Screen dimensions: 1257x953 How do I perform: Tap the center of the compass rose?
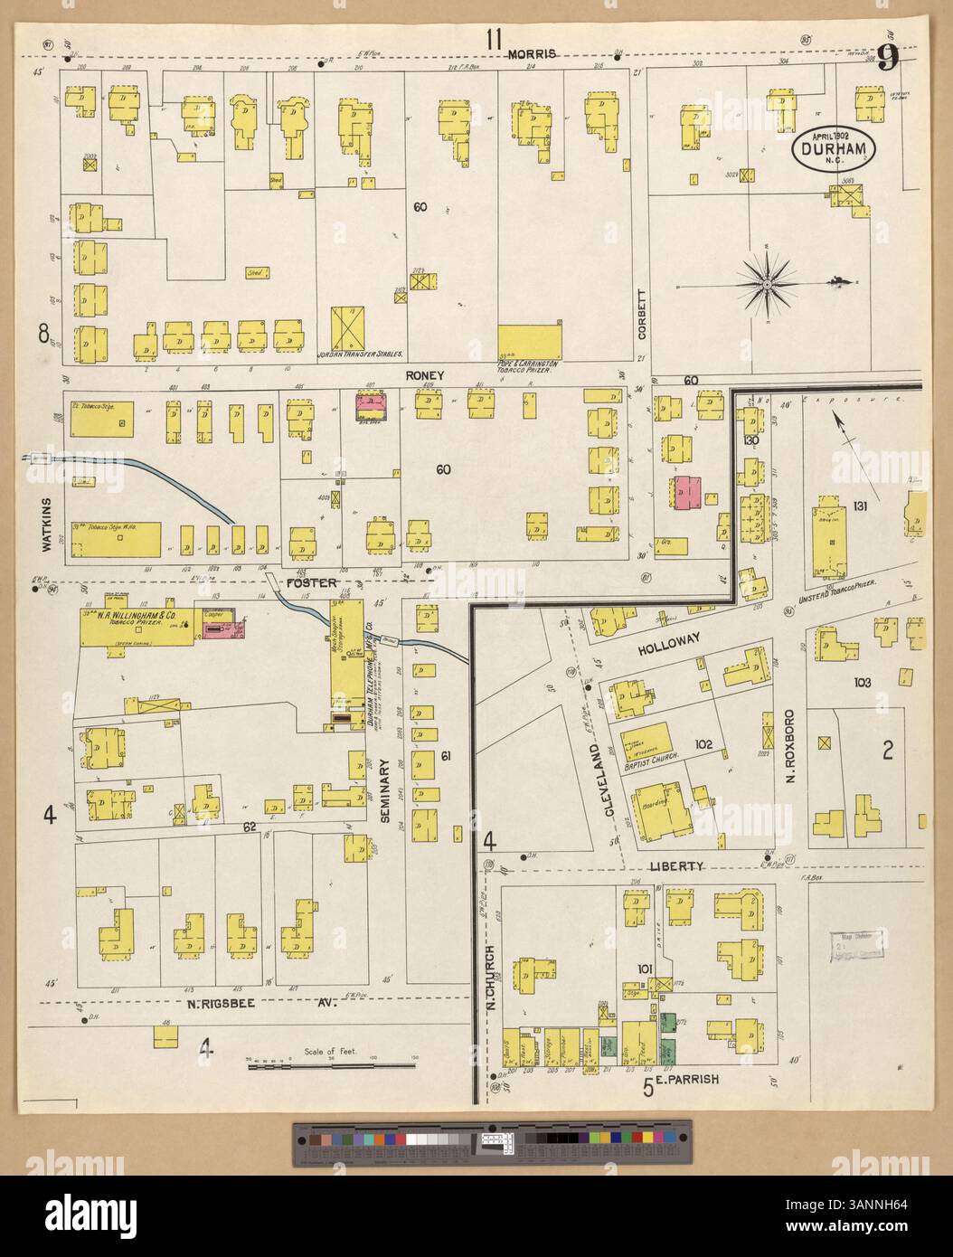(x=766, y=286)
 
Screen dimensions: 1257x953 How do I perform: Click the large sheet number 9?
(x=887, y=59)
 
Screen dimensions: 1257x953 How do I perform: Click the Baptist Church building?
(x=649, y=744)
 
